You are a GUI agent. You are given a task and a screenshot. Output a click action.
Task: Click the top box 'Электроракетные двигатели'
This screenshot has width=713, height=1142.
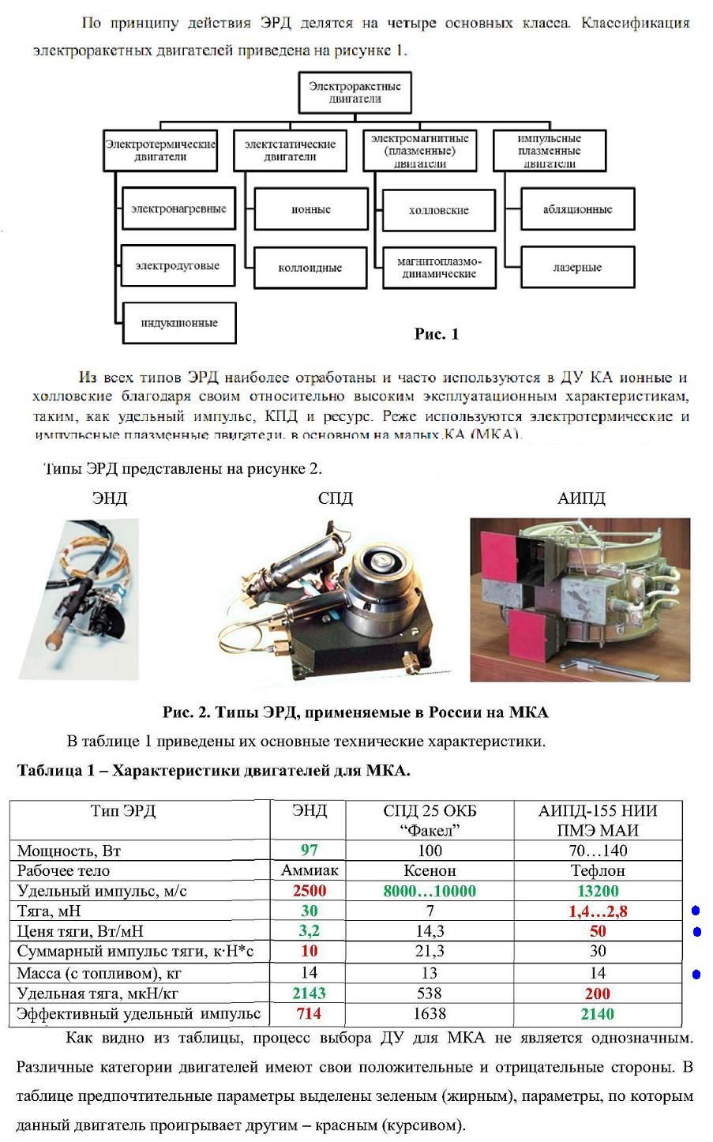tap(355, 92)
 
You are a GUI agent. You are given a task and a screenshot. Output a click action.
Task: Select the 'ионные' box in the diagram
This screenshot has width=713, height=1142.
tap(310, 209)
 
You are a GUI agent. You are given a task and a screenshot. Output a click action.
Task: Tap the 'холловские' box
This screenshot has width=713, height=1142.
tap(438, 210)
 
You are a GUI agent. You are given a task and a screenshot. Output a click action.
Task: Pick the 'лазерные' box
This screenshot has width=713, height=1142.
tap(577, 268)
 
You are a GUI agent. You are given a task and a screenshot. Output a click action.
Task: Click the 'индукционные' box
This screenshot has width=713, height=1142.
tap(178, 323)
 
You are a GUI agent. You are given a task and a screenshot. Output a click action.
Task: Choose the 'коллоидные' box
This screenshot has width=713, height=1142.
tap(310, 268)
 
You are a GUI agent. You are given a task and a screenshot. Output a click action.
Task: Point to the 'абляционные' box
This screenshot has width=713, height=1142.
tap(577, 209)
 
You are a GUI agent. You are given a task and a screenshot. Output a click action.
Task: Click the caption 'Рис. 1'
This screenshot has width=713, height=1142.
tap(436, 334)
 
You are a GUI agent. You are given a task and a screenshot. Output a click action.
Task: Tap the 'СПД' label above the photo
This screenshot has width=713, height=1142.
tap(335, 498)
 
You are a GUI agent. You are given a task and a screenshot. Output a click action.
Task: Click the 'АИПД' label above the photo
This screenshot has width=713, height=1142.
tap(581, 498)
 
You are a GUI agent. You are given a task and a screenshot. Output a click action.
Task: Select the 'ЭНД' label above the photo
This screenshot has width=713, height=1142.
tap(109, 498)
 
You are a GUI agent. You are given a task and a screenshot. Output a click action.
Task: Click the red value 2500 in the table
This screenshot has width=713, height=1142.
tap(309, 891)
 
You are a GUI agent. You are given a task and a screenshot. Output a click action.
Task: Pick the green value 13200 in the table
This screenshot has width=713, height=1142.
tap(598, 891)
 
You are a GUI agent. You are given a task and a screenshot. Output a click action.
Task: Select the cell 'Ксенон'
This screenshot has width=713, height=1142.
tap(430, 870)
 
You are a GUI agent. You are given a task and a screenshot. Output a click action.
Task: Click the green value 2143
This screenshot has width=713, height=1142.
tap(309, 994)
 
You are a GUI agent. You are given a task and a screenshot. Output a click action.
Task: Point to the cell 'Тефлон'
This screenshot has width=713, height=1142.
tap(598, 870)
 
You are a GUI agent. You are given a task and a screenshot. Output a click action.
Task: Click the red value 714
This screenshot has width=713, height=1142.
tap(309, 1013)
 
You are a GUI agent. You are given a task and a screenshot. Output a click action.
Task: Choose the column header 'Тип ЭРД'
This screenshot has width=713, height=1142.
tap(122, 811)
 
